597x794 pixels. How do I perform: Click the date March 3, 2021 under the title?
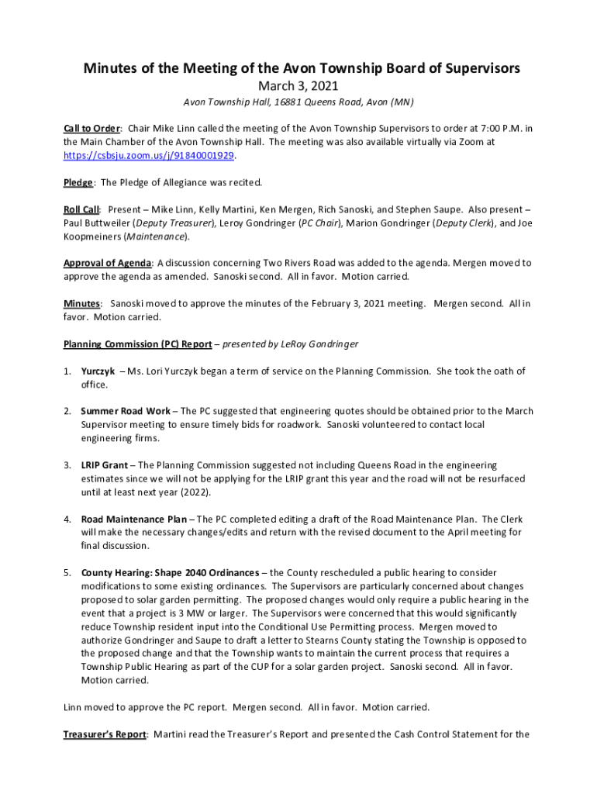click(298, 86)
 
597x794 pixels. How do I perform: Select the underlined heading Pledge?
click(78, 182)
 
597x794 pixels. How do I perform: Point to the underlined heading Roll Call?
click(81, 209)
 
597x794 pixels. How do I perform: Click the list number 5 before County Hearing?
click(67, 572)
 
